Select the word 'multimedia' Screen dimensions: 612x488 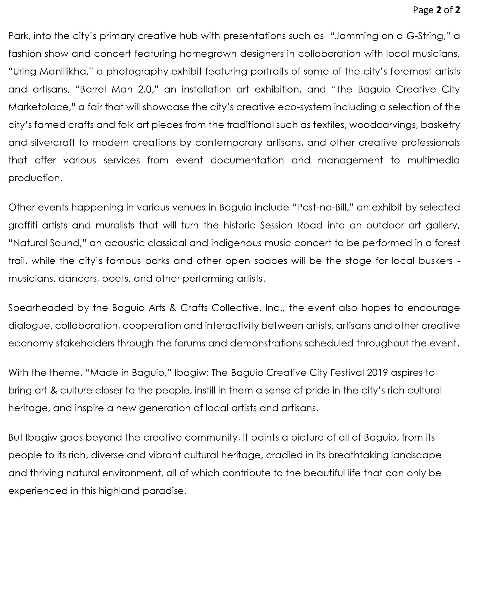coord(433,160)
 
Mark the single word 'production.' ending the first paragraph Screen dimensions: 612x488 coord(35,178)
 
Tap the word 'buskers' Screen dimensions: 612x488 coord(435,261)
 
